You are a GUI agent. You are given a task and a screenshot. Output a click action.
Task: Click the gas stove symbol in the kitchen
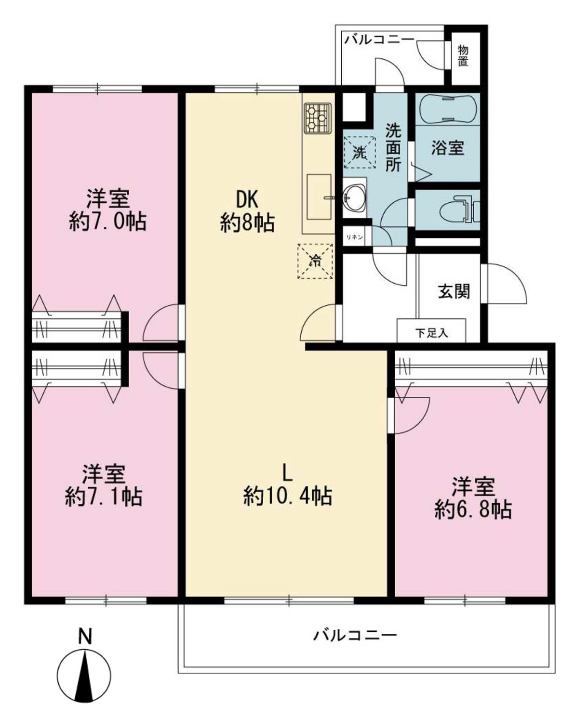pos(318,118)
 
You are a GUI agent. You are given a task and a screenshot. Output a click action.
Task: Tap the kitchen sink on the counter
pos(319,197)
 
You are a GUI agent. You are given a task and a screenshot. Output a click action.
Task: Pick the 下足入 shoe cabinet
pos(431,330)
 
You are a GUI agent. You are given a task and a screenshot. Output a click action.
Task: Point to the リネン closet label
pos(354,237)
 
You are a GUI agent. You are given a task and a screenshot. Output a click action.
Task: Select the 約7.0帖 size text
pos(107,221)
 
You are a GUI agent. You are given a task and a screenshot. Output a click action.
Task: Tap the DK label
pos(247,200)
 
